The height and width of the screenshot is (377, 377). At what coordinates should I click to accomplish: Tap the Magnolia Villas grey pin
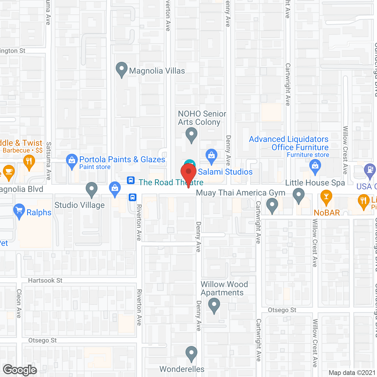coord(121,70)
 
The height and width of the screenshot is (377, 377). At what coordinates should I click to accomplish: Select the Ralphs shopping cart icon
coord(19,211)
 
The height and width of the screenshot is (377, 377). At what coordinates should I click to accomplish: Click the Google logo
coord(20,370)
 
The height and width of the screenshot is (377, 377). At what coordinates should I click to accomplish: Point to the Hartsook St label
coord(45,280)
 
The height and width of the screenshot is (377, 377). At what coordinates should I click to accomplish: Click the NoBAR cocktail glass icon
coord(326,197)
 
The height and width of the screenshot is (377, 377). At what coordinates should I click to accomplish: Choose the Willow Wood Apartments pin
coord(214,305)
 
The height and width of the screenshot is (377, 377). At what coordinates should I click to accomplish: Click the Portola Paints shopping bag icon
coord(72,161)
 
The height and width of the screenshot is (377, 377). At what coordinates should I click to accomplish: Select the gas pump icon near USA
coord(370,171)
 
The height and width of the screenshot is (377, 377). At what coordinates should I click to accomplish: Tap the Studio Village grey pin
coord(92,189)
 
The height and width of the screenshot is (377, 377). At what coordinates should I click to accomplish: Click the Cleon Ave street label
coord(19,303)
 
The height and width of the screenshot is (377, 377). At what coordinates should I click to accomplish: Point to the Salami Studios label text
coord(225,172)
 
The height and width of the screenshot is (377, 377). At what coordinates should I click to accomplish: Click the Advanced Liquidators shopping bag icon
coord(315,166)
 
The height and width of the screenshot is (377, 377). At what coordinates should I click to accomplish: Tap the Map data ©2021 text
coord(352,373)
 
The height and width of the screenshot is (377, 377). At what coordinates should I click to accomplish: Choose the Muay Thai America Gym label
coord(241,193)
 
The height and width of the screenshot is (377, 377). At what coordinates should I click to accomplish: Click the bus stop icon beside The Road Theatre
coord(131,180)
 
